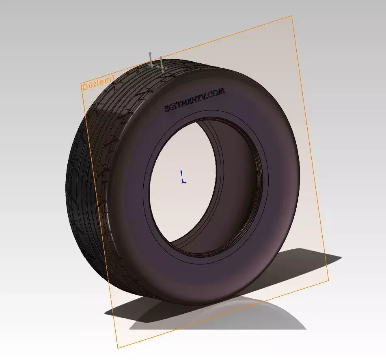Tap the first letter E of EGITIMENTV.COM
coord(166,109)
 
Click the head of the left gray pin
coord(150,54)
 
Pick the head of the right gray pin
coord(161,58)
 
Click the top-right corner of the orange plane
coord(292,16)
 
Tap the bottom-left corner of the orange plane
coord(118,348)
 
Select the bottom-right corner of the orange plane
coord(328,280)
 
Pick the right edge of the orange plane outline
coord(311,150)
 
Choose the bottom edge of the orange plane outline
coord(223,314)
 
